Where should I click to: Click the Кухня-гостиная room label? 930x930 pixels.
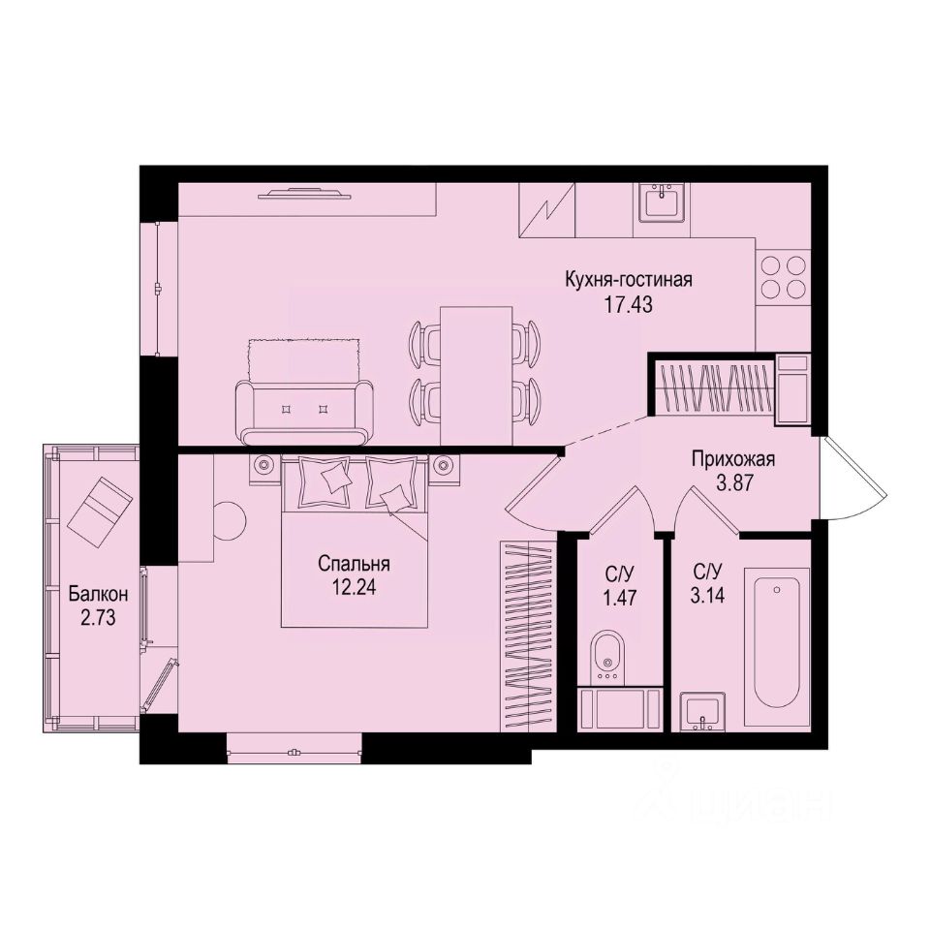(629, 281)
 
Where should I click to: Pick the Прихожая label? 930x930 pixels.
(733, 459)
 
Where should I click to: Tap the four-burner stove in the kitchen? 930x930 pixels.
(783, 277)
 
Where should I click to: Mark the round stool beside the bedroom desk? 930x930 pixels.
(230, 520)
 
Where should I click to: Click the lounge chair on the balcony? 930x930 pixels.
(99, 506)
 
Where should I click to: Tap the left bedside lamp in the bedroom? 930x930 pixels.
(263, 464)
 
